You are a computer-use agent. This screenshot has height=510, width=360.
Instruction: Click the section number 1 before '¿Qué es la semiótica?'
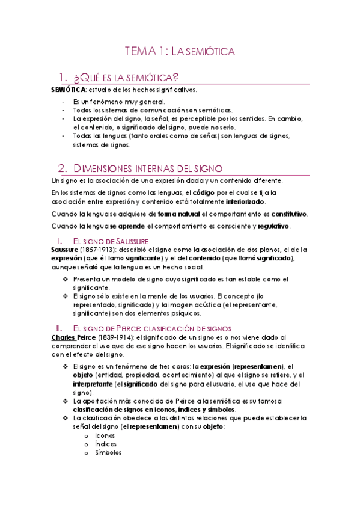tap(60, 78)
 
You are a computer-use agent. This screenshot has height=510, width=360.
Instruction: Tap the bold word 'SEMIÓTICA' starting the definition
tap(69, 90)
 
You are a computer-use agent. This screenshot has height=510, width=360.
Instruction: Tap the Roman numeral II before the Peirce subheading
tap(59, 328)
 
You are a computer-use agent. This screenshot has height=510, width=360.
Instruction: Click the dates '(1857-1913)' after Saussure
tap(99, 250)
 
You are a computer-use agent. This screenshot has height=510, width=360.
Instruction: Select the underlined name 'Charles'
tap(63, 338)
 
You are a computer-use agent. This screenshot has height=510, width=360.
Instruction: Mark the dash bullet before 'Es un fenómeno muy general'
tap(64, 102)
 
